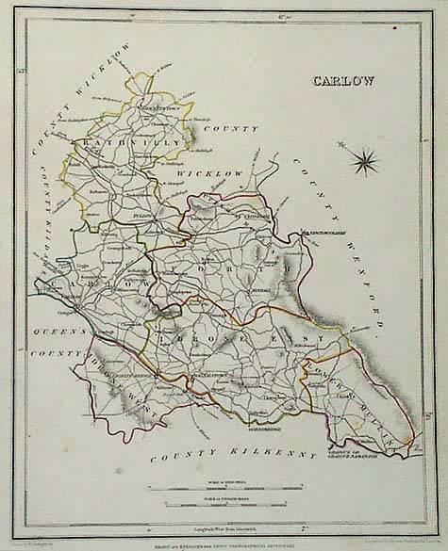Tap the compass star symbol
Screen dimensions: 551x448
point(363,161)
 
